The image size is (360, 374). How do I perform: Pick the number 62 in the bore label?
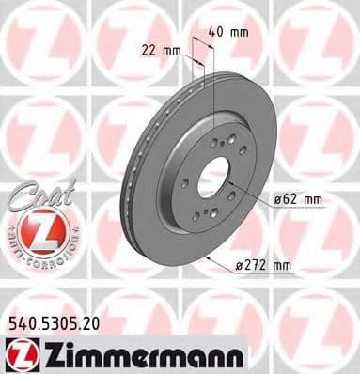290,200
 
